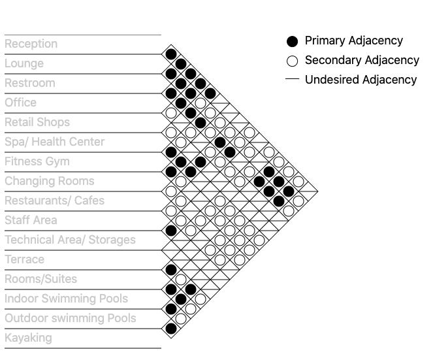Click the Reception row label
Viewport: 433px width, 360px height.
pos(31,44)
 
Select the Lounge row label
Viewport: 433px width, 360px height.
pos(24,63)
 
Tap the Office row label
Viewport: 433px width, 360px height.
pos(21,103)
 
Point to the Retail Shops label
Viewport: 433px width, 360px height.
pos(37,122)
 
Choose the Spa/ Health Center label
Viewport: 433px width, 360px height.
pos(54,142)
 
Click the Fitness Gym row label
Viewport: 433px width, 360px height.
pos(37,161)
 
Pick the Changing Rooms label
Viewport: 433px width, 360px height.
pos(49,181)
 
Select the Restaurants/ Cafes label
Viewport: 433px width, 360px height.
pos(54,201)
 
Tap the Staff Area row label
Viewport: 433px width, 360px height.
pos(31,220)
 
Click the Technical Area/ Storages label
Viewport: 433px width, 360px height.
pos(70,240)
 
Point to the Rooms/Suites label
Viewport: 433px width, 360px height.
pos(40,279)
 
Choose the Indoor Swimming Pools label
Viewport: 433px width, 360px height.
pos(66,299)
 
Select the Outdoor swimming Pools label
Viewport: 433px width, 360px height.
pos(70,318)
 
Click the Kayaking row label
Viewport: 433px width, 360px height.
pos(28,338)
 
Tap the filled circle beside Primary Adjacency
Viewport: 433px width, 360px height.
pos(293,41)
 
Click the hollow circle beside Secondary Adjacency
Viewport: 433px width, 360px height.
pos(293,61)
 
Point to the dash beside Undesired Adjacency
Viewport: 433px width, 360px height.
pos(293,79)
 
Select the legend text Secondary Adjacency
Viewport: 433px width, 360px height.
pos(362,60)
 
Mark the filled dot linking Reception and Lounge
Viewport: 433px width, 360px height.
pos(171,54)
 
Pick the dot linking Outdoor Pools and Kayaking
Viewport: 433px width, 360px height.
pos(171,328)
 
